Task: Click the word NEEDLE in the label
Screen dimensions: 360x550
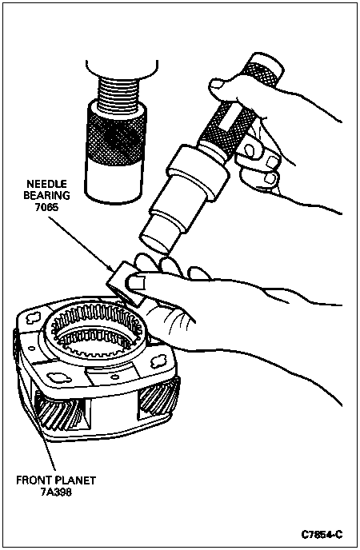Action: (47, 184)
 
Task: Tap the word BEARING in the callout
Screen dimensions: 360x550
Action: (47, 195)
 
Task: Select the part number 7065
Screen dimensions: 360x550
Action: (46, 207)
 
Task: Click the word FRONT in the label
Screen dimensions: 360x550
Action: (34, 480)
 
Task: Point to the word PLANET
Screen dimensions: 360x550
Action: (74, 480)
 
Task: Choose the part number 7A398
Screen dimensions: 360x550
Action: (56, 492)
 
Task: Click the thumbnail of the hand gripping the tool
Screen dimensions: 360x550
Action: (217, 84)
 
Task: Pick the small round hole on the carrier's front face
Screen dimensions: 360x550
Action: (114, 377)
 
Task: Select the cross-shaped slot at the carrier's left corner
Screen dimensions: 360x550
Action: (34, 318)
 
